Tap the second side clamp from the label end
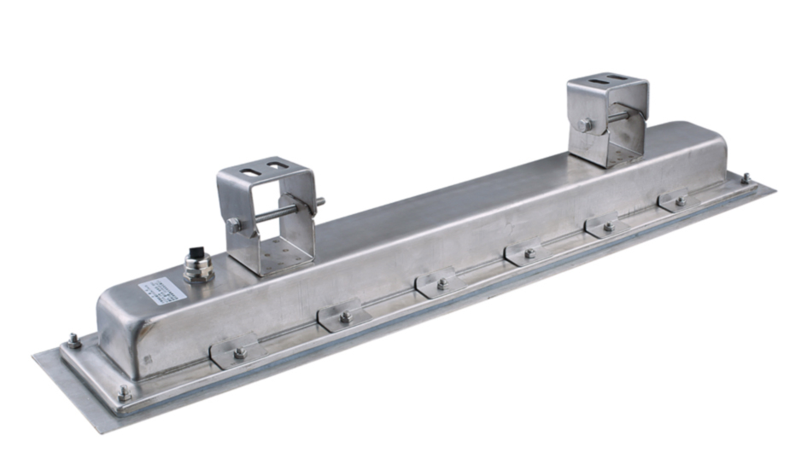click(x=344, y=316)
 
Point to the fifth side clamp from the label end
click(x=607, y=226)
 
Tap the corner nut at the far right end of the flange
click(x=746, y=178)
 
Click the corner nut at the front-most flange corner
click(x=125, y=393)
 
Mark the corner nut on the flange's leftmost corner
click(x=73, y=343)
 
